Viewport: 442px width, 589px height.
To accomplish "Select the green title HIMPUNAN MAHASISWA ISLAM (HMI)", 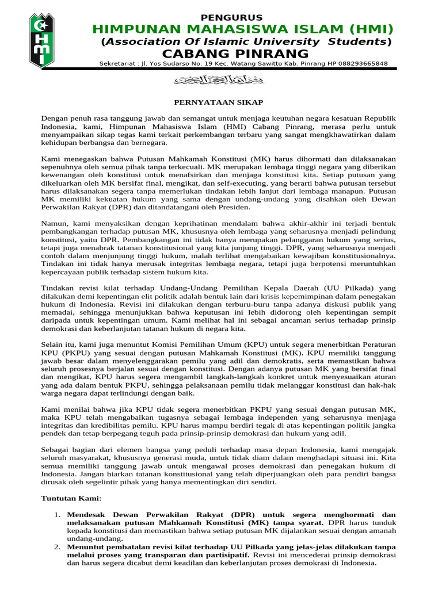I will (x=243, y=29).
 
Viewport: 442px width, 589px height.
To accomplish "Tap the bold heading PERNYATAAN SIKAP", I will (x=219, y=102).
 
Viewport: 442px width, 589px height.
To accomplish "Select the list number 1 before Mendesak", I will (x=58, y=514).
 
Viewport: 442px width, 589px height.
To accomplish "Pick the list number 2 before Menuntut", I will (x=58, y=547).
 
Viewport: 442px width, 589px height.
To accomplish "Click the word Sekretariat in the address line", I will (x=119, y=64).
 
